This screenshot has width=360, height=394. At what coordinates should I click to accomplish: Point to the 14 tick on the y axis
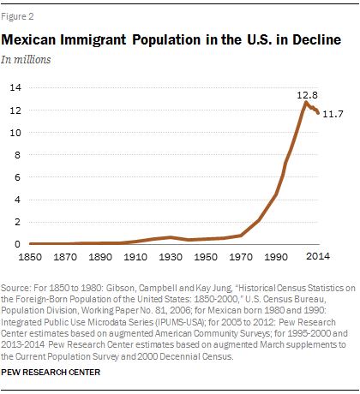point(15,87)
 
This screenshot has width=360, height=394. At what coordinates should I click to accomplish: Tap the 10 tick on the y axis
point(15,132)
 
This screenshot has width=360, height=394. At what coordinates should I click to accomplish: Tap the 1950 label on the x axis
point(198,257)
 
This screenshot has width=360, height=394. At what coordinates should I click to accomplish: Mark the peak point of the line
point(306,102)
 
